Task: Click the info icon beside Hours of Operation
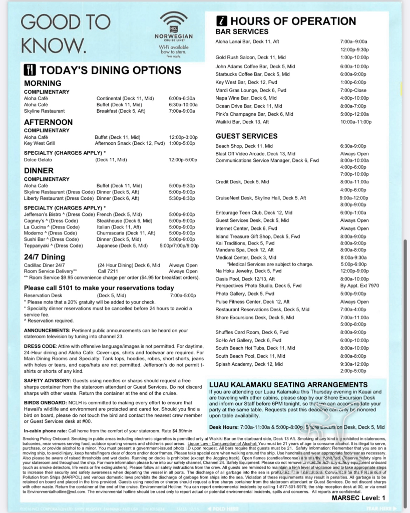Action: (222, 21)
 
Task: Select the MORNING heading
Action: (43, 83)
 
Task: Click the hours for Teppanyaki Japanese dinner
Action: (178, 246)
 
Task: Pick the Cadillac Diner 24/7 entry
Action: (45, 266)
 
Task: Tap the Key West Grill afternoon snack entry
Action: (40, 143)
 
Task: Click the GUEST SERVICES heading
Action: (246, 136)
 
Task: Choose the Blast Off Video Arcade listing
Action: (255, 154)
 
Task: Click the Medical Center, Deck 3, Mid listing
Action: (246, 258)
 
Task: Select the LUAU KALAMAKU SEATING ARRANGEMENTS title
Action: (288, 385)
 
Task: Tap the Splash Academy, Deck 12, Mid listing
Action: (249, 364)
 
